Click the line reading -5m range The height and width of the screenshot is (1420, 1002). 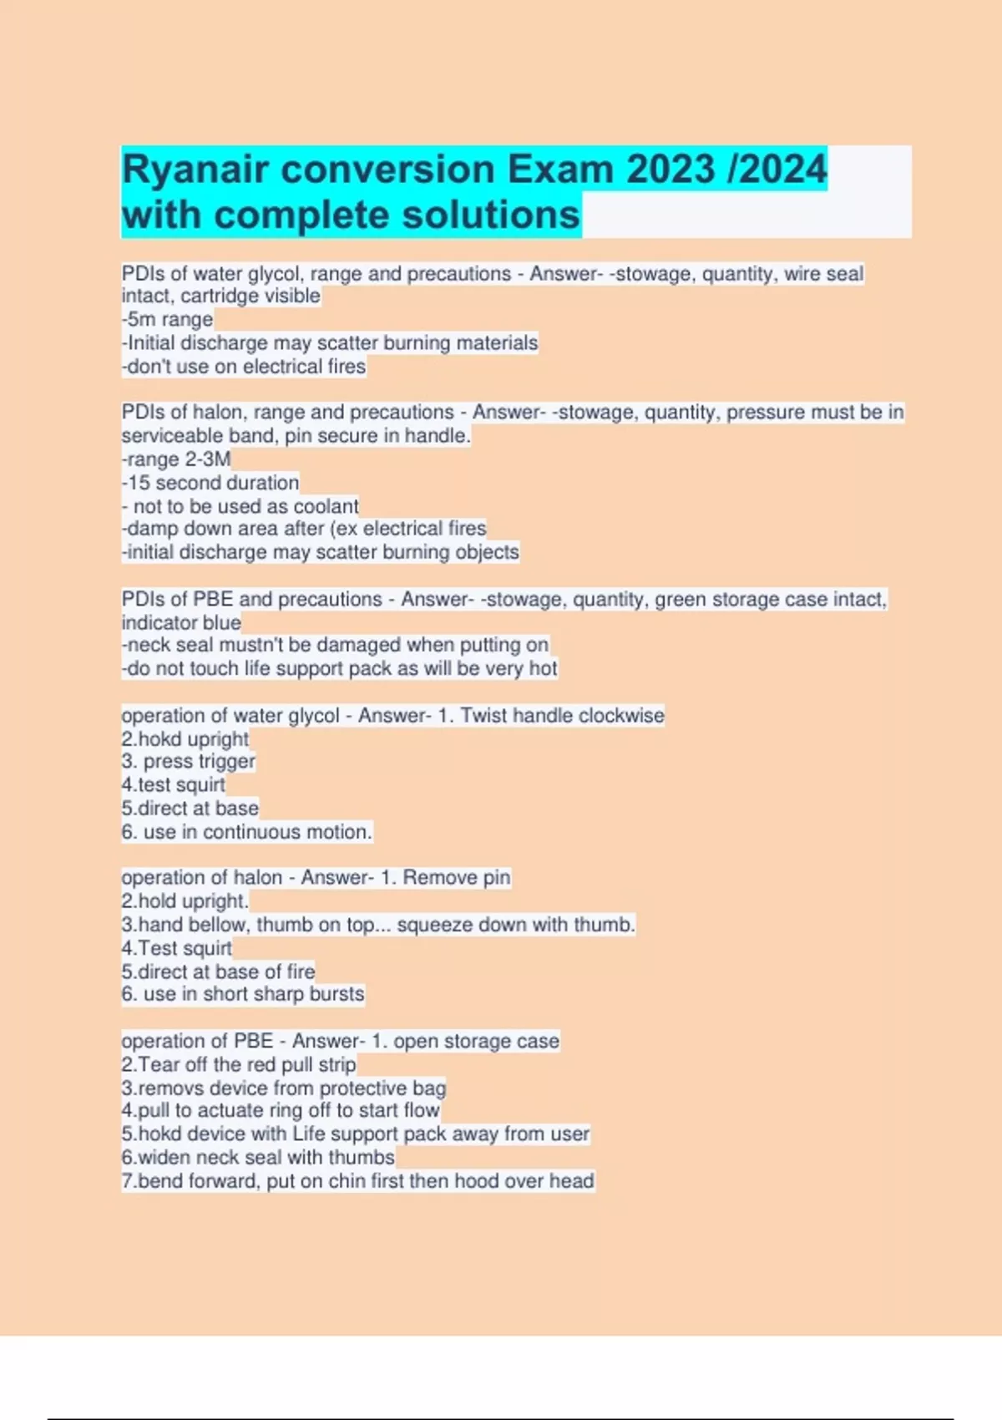click(x=167, y=320)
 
